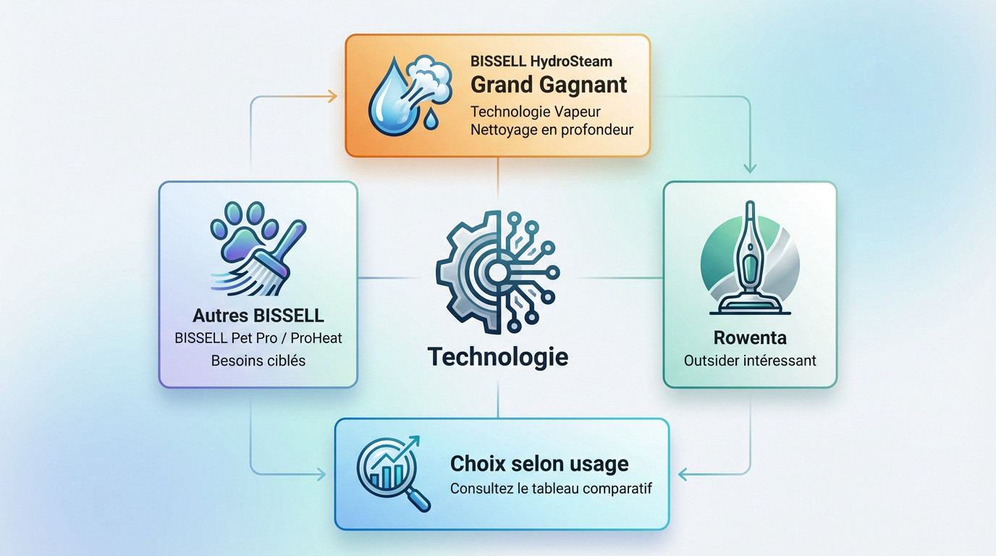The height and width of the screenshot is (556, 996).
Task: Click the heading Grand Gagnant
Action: coord(549,85)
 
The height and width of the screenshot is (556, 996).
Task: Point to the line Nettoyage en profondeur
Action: coord(552,130)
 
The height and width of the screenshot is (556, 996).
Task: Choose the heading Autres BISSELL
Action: coord(258,316)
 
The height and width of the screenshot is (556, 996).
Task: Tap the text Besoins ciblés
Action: coord(258,361)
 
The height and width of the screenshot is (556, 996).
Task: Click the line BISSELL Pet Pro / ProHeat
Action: coord(258,338)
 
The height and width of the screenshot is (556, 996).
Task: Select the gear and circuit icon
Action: coord(497,272)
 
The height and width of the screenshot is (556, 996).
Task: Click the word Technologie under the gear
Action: coord(497,357)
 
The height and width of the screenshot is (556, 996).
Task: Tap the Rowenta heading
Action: coord(750,338)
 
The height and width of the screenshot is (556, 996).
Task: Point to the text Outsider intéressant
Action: coord(750,361)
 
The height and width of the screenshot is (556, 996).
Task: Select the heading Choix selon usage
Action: coord(539,463)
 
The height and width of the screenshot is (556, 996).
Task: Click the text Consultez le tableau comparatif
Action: coord(551,489)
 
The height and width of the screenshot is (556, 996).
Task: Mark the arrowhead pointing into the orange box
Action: coord(332,96)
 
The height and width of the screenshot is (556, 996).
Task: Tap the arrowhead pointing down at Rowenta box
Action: coord(750,168)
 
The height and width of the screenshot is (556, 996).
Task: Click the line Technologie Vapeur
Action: coord(535,111)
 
